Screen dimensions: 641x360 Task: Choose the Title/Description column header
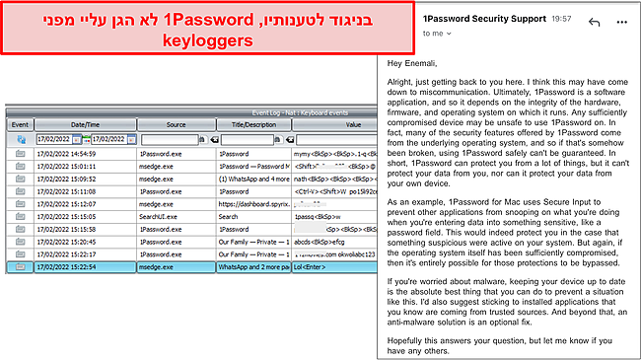pos(248,125)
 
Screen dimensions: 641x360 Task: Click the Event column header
pos(20,125)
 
